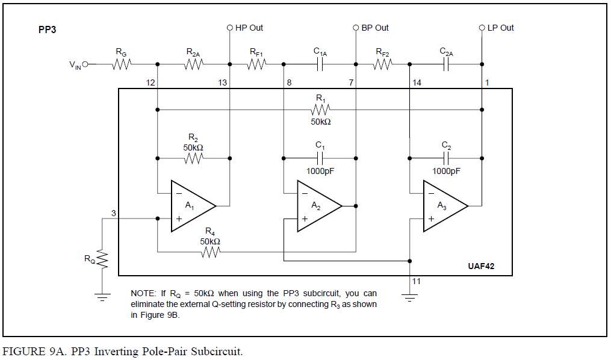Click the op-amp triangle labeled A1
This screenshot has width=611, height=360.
(x=191, y=206)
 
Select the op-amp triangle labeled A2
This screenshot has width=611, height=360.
(x=318, y=206)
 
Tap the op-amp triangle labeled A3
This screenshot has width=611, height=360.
(x=444, y=206)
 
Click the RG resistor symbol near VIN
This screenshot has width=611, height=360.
(x=122, y=64)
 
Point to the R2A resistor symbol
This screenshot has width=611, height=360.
(x=193, y=64)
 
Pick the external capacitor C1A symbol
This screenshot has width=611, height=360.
(x=320, y=64)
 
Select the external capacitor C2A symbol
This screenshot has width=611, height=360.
(x=446, y=64)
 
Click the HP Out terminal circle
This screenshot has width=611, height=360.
(x=229, y=28)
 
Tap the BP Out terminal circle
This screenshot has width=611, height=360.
(x=356, y=28)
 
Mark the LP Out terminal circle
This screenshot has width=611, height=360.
(x=482, y=28)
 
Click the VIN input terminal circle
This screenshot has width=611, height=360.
(x=85, y=64)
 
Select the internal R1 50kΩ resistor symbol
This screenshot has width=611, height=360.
(x=320, y=110)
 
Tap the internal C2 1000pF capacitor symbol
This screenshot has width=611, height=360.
(x=446, y=158)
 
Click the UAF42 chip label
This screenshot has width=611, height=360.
(x=481, y=266)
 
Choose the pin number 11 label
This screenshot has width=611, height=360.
(x=417, y=281)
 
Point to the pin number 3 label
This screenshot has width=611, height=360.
(x=113, y=213)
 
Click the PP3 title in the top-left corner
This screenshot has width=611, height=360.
(x=47, y=29)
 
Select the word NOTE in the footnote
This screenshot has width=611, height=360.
(x=143, y=294)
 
